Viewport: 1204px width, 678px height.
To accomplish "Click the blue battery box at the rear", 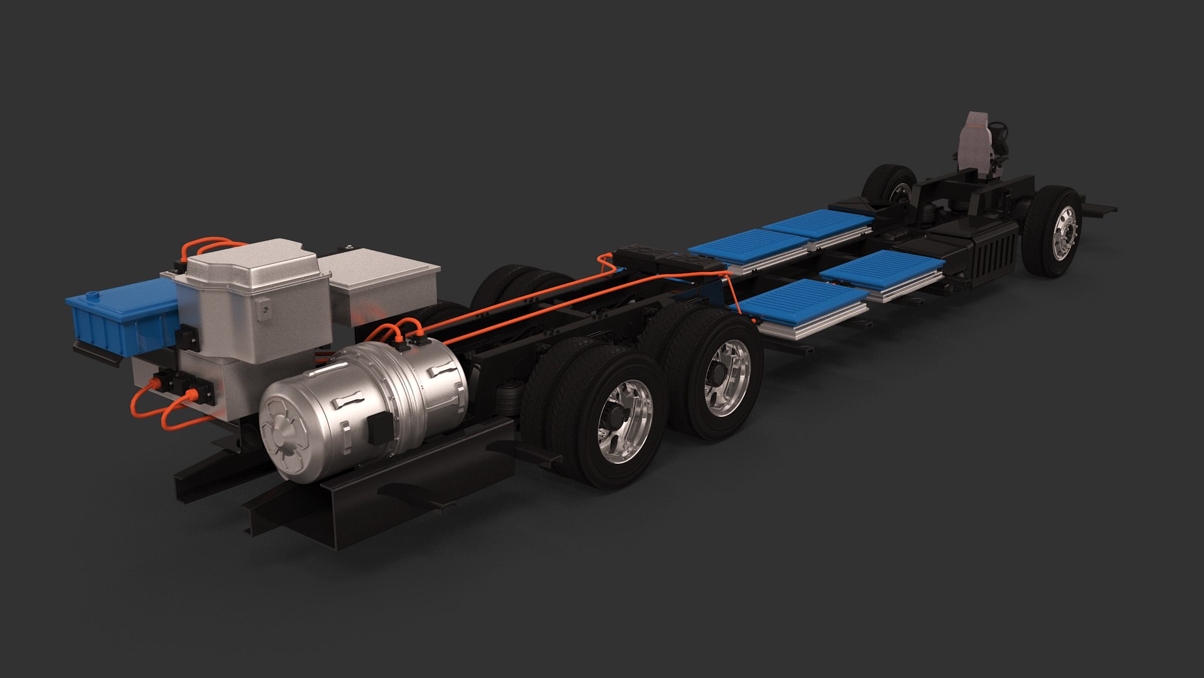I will tap(119, 314).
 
